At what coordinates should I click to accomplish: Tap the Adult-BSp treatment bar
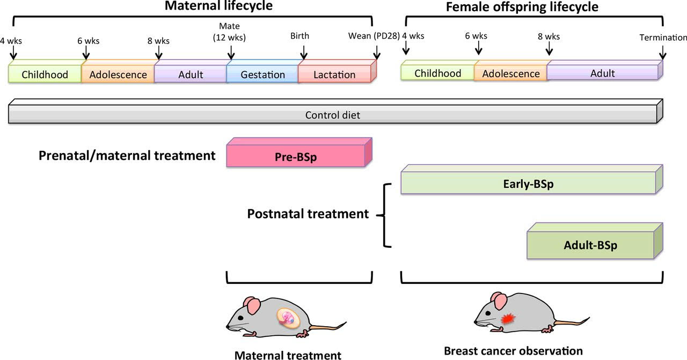590,245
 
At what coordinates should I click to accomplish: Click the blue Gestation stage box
262,75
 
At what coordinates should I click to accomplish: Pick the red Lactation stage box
334,75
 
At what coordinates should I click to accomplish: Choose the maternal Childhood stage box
45,75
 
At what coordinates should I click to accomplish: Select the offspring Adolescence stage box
510,74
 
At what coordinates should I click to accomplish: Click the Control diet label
333,115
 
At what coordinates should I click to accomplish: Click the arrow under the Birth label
304,52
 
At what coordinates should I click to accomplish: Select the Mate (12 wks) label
230,31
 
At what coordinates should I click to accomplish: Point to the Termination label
663,38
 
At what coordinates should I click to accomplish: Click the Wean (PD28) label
374,36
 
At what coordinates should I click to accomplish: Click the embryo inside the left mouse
288,318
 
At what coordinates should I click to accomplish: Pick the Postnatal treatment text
308,214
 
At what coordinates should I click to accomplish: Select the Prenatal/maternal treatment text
127,156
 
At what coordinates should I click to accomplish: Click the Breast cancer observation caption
513,351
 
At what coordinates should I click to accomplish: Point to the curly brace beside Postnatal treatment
383,215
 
